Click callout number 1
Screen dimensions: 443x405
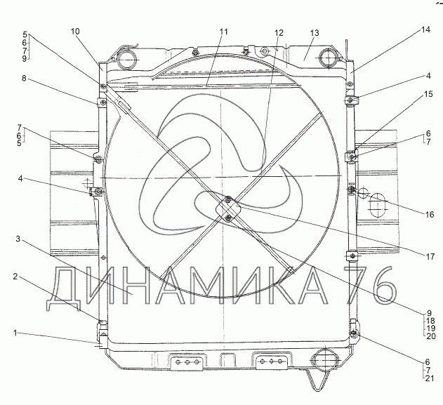pyautogui.click(x=15, y=333)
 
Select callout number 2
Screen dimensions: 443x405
pyautogui.click(x=15, y=277)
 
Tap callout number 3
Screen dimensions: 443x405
pyautogui.click(x=18, y=239)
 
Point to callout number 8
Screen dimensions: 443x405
pyautogui.click(x=24, y=78)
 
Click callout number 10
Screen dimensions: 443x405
pyautogui.click(x=75, y=32)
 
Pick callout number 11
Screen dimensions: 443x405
pyautogui.click(x=223, y=32)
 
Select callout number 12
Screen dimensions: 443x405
pyautogui.click(x=279, y=33)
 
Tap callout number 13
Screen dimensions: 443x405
pyautogui.click(x=315, y=33)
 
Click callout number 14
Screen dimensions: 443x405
pyautogui.click(x=425, y=29)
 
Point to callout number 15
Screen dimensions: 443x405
pyautogui.click(x=428, y=94)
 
